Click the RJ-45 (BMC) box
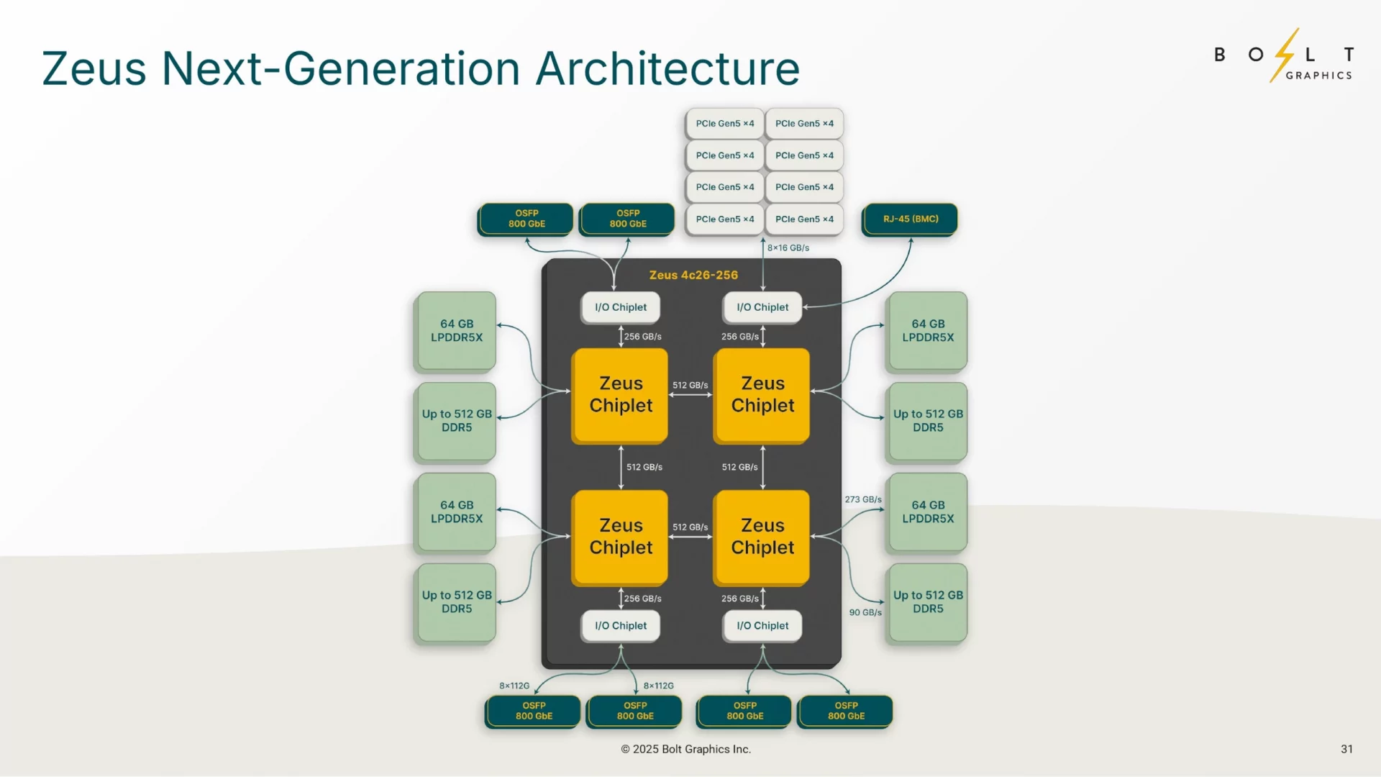point(910,219)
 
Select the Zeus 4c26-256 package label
point(693,275)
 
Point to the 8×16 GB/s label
point(788,247)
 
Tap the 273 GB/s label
point(863,499)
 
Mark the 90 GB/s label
point(865,612)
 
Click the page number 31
point(1346,749)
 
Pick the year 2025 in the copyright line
point(645,749)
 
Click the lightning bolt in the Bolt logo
point(1285,54)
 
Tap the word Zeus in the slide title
point(94,69)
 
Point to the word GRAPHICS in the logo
point(1318,76)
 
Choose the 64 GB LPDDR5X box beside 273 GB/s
point(928,512)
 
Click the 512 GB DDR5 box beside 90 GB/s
point(928,601)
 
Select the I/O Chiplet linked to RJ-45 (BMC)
point(762,307)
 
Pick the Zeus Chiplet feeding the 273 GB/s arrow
point(762,537)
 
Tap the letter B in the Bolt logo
point(1220,55)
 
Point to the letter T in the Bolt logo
point(1349,55)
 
